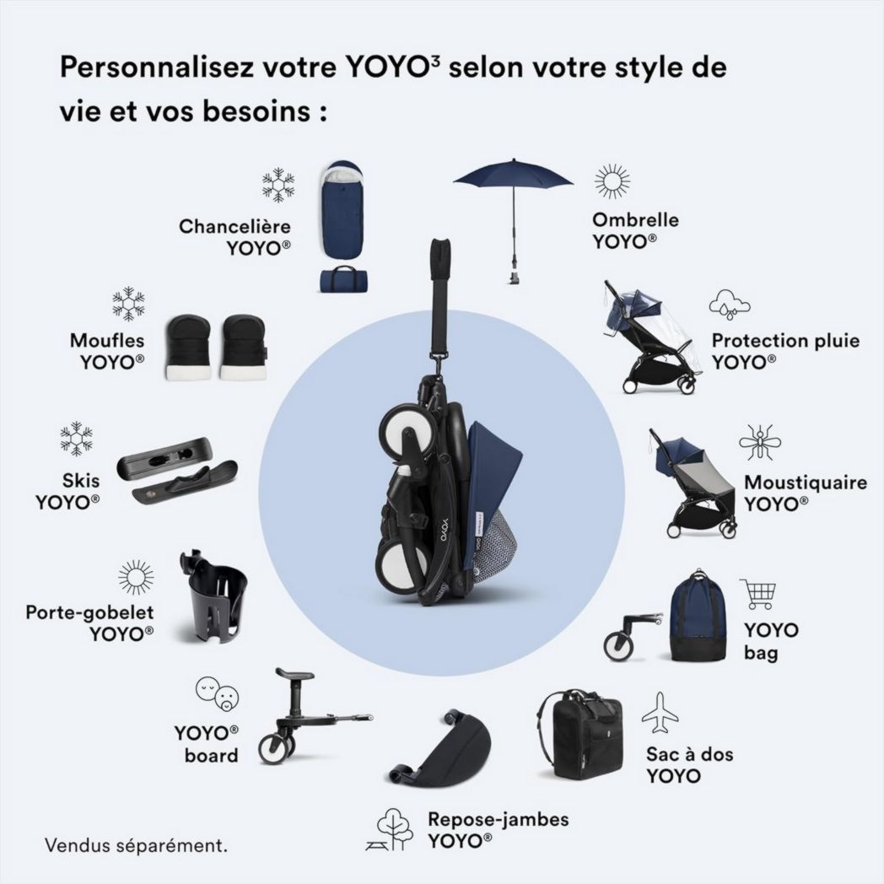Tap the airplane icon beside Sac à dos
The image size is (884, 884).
pos(660,713)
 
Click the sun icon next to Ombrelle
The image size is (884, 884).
pos(612,182)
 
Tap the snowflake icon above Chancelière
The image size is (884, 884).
pos(278,185)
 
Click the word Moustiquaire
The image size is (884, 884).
pos(805,483)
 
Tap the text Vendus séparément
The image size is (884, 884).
pos(136,844)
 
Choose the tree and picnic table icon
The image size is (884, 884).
pos(390,828)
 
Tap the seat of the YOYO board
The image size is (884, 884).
pos(296,675)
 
